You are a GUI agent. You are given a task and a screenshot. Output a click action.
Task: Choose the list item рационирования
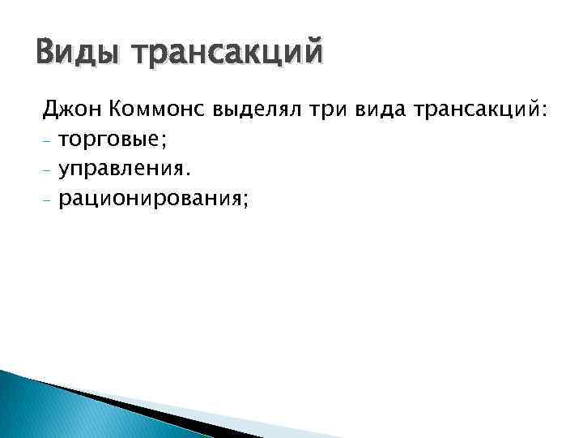150,200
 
